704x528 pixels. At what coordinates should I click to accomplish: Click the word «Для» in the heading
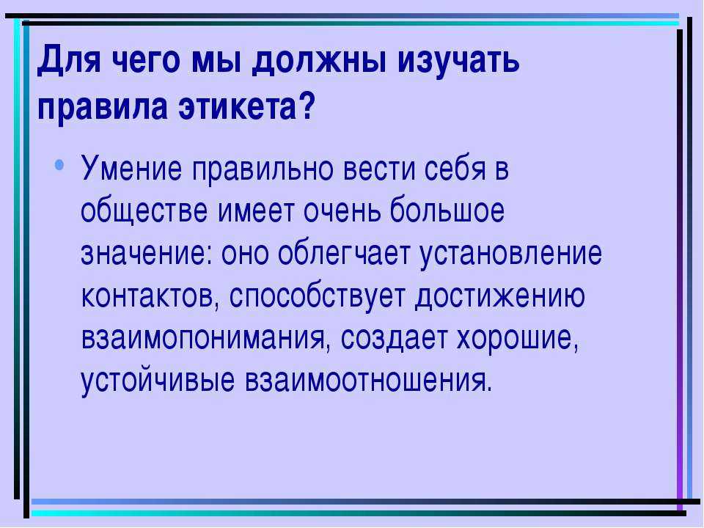pyautogui.click(x=69, y=60)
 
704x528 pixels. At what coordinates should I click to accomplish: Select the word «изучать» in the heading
pyautogui.click(x=458, y=60)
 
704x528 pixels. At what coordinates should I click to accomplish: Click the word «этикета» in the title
pyautogui.click(x=238, y=107)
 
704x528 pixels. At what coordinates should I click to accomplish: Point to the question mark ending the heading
pyautogui.click(x=307, y=106)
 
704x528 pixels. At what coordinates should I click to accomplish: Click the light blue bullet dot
pyautogui.click(x=59, y=165)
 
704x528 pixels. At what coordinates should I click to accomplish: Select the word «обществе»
pyautogui.click(x=144, y=210)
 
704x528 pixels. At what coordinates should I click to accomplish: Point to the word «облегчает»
pyautogui.click(x=345, y=252)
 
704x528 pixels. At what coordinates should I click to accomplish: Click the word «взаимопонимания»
pyautogui.click(x=203, y=337)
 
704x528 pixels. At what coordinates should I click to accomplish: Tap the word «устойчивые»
pyautogui.click(x=158, y=381)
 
